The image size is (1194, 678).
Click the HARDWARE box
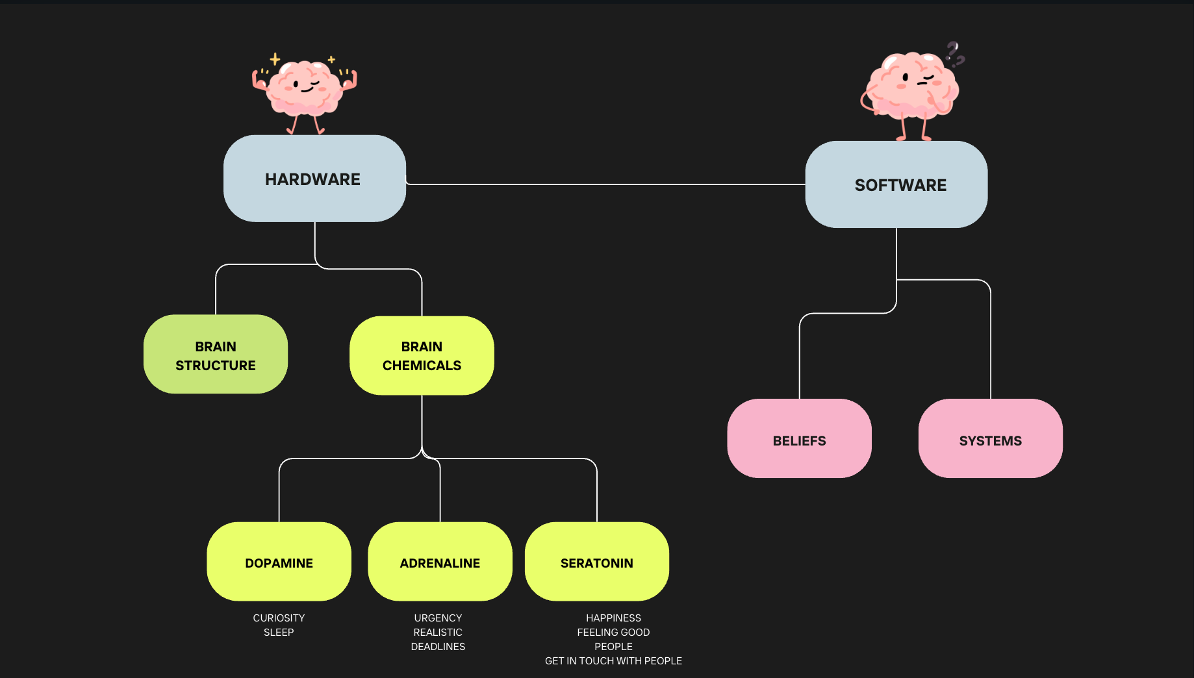314,179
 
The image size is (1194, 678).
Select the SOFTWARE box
896,184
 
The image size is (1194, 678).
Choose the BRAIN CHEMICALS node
422,356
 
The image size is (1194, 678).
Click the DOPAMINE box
279,562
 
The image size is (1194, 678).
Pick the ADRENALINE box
440,562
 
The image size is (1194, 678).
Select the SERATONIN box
596,562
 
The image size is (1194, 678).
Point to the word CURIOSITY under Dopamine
279,618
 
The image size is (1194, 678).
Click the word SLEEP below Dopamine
279,632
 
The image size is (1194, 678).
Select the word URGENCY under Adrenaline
438,618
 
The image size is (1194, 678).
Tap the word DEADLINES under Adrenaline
438,646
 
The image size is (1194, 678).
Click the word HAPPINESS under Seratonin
613,618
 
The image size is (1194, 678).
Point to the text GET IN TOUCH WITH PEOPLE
613,660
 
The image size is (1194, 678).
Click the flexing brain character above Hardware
304,91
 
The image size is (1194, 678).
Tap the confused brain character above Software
909,91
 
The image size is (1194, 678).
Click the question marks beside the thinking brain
954,53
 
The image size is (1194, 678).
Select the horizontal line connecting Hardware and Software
604,184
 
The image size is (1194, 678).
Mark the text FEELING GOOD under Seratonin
613,632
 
